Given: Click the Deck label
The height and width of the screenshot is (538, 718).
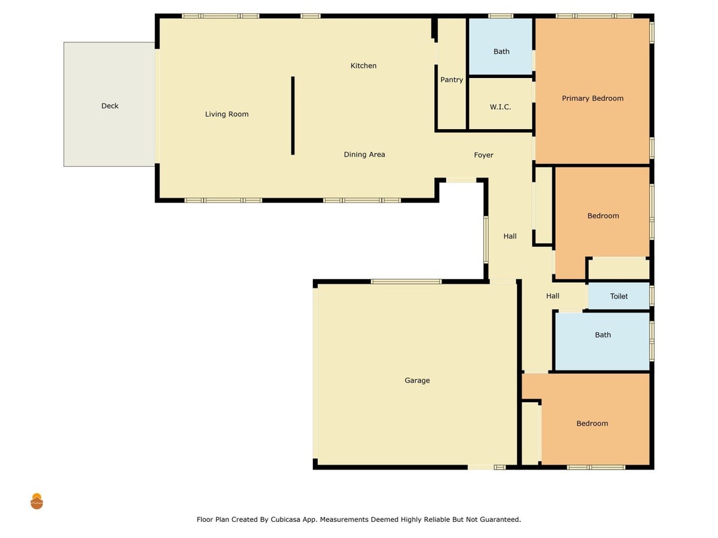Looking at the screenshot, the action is (110, 106).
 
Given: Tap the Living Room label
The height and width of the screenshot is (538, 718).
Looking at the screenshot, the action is (227, 114).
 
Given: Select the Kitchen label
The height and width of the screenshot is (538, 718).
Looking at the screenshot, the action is (363, 65).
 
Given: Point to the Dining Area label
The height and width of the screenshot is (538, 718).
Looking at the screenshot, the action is (365, 154).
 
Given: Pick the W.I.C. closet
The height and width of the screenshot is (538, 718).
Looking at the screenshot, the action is (501, 104).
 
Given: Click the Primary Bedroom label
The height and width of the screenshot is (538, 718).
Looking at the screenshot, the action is (593, 98).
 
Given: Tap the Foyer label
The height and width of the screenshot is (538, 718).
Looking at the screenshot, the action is (484, 155).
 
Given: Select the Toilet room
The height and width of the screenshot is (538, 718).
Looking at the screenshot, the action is (618, 296).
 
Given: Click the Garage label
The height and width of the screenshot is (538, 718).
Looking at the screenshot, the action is (417, 380).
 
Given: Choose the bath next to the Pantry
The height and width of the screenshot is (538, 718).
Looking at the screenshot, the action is (501, 46).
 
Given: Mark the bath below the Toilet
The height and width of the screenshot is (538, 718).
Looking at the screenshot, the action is (603, 341).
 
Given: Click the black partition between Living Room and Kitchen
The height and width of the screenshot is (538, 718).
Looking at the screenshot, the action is (293, 116).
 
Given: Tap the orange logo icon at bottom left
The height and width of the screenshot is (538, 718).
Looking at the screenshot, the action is (36, 502).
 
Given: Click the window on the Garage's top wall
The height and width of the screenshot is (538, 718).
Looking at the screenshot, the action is (406, 281).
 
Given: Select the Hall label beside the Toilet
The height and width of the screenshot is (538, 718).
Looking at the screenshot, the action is (552, 296).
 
